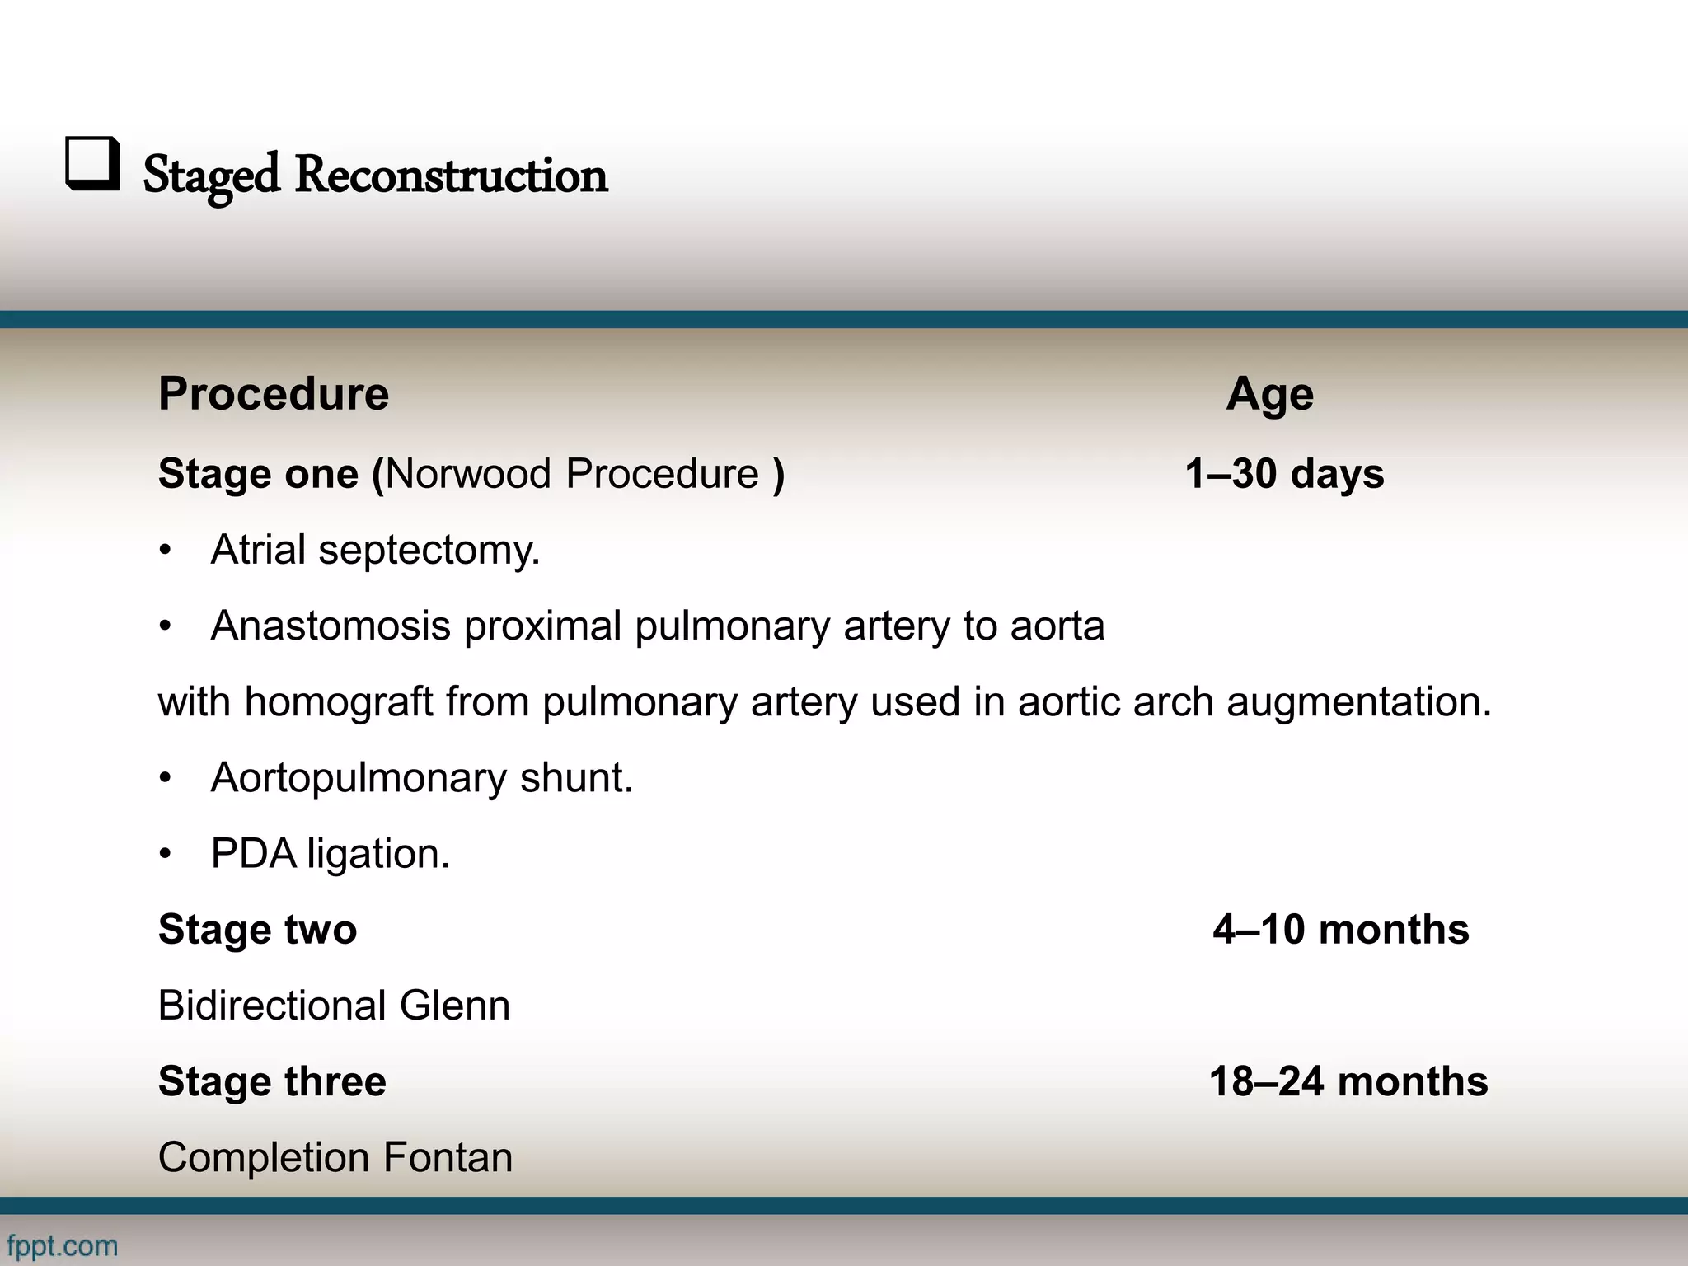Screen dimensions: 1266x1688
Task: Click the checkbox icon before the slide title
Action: [92, 164]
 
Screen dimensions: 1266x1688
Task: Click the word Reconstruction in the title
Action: [451, 176]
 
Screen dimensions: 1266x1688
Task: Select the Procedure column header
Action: [273, 394]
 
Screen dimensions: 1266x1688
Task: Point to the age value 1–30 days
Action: [1284, 474]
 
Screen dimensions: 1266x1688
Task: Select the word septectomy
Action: [429, 551]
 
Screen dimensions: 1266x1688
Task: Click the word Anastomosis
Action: [331, 626]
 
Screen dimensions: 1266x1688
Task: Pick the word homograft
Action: [339, 702]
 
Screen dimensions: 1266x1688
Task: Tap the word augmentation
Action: [1358, 702]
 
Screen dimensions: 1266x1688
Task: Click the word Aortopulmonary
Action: [359, 778]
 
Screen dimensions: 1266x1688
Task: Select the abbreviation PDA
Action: [253, 854]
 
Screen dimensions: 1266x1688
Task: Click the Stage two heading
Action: [257, 930]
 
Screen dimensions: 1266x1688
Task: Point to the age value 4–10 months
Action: [1340, 930]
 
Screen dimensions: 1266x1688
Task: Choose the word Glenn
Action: [454, 1006]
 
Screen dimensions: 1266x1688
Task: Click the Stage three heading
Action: [272, 1081]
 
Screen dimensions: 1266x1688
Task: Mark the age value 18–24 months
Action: [1348, 1081]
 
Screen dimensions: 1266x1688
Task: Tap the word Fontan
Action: [448, 1157]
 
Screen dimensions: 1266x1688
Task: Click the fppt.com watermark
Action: [63, 1245]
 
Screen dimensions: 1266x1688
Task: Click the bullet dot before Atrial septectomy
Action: [166, 551]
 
